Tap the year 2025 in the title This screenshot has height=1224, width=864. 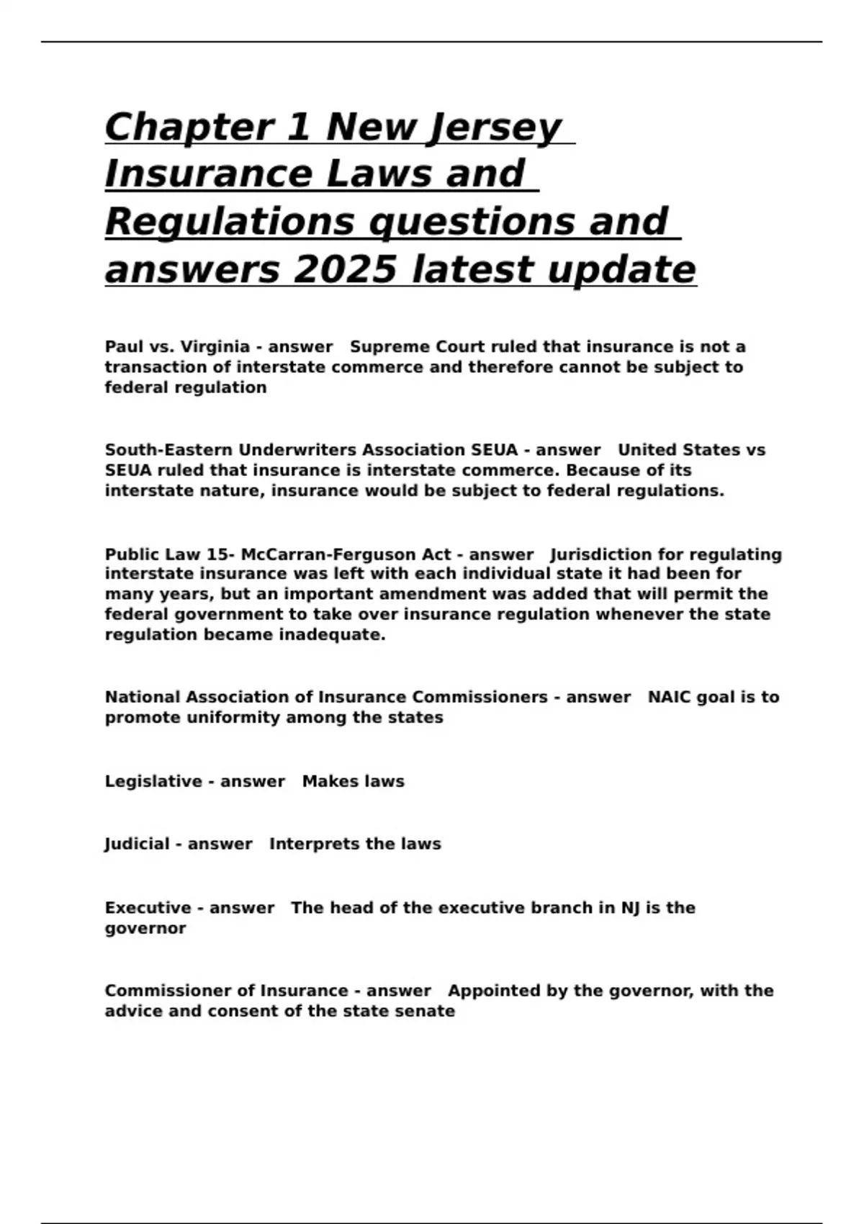tap(345, 270)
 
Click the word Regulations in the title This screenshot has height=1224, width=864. tap(230, 222)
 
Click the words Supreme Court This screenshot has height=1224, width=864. tap(417, 347)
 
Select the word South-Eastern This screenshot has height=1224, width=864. tap(168, 450)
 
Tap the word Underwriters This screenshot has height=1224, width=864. tap(297, 450)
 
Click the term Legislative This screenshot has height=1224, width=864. tap(153, 781)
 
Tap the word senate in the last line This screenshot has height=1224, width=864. tap(429, 1011)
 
